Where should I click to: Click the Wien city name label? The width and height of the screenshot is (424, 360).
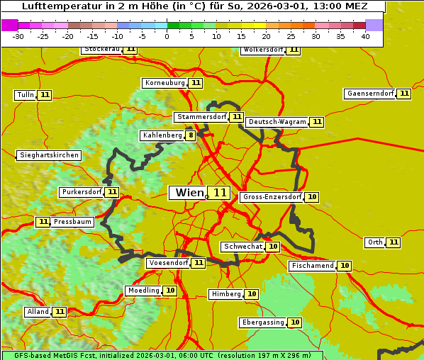tap(189, 193)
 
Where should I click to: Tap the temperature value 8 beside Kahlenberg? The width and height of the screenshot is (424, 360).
tap(191, 135)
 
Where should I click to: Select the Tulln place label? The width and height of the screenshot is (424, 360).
tap(25, 95)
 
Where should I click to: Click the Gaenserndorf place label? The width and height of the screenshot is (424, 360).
tap(369, 94)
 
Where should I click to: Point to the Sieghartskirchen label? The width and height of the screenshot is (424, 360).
tap(49, 155)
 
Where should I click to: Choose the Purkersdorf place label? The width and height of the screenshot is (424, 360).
tap(82, 192)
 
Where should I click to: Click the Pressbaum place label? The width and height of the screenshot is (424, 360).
tap(72, 222)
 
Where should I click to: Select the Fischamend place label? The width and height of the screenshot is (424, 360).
tap(312, 266)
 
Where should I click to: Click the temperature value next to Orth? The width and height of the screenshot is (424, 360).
tap(394, 242)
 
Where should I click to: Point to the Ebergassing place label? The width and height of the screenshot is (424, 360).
tap(262, 322)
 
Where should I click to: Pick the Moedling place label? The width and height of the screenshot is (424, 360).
tap(143, 291)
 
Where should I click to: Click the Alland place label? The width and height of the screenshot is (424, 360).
tap(38, 312)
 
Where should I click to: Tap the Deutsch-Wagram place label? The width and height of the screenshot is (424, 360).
tap(277, 122)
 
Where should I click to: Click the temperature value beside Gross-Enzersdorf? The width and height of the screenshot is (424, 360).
tap(312, 197)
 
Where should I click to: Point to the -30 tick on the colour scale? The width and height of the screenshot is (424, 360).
tap(18, 35)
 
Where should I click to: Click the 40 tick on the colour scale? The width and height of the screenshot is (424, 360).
tap(365, 35)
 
